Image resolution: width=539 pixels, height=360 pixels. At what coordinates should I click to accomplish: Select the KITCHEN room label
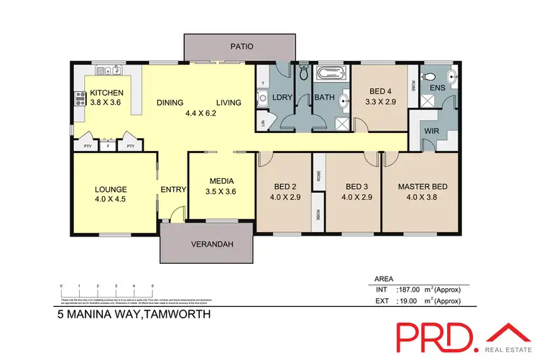[106, 93]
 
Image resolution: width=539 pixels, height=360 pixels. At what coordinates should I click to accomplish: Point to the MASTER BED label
[423, 187]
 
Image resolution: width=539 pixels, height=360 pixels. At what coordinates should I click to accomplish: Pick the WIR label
[431, 131]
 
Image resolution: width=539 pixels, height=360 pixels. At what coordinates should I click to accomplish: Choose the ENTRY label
[175, 190]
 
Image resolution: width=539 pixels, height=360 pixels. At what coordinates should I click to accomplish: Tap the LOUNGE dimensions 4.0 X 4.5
[111, 200]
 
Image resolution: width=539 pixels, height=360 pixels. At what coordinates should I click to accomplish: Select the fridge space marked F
[109, 146]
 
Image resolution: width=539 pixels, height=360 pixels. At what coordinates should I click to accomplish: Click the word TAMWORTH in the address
[178, 314]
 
